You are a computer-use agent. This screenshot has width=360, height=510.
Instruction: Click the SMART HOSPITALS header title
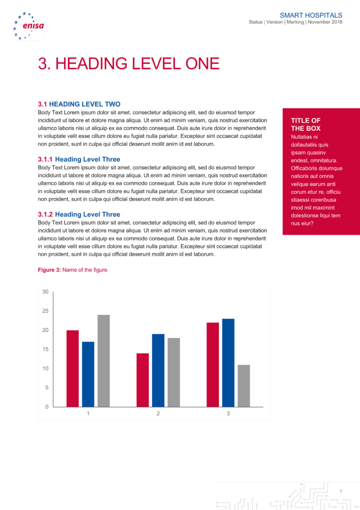coord(311,15)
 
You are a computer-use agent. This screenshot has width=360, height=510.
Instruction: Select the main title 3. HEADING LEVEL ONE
coord(128,64)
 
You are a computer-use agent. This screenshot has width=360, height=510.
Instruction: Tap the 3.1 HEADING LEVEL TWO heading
coord(79,104)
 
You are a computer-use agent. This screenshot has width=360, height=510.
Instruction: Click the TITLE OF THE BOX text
coord(306,125)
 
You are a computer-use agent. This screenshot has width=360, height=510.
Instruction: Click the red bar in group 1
coord(73,369)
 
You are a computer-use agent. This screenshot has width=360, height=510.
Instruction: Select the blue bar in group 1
coord(88,374)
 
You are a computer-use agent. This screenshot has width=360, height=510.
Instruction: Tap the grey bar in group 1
coord(104,361)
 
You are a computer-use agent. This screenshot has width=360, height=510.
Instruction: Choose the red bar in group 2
coord(142,380)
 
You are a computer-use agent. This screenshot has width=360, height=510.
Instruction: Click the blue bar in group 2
coord(158,370)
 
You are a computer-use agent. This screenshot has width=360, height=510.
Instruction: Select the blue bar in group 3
coord(228,363)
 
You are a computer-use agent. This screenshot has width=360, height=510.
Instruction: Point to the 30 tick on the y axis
coord(45,292)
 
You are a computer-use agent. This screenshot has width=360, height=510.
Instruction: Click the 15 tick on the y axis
coord(45,349)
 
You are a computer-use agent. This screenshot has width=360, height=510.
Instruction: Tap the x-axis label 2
coord(158,414)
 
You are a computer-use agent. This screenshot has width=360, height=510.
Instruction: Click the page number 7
coord(341,492)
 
